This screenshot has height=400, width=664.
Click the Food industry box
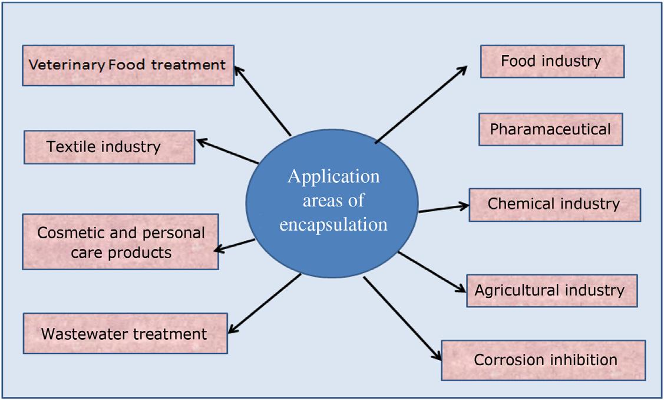(x=552, y=61)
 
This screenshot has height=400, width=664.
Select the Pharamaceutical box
(x=550, y=129)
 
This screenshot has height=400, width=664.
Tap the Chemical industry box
(x=554, y=205)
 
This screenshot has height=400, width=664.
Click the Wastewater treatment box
(x=125, y=334)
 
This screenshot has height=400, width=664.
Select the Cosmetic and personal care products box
(x=121, y=242)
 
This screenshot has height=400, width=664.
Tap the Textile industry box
(x=109, y=147)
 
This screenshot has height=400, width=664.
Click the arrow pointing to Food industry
(x=421, y=104)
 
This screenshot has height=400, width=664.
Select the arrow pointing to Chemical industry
(x=443, y=208)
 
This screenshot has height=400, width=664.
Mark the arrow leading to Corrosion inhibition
(x=402, y=319)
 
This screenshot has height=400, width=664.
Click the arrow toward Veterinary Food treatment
(x=262, y=100)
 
